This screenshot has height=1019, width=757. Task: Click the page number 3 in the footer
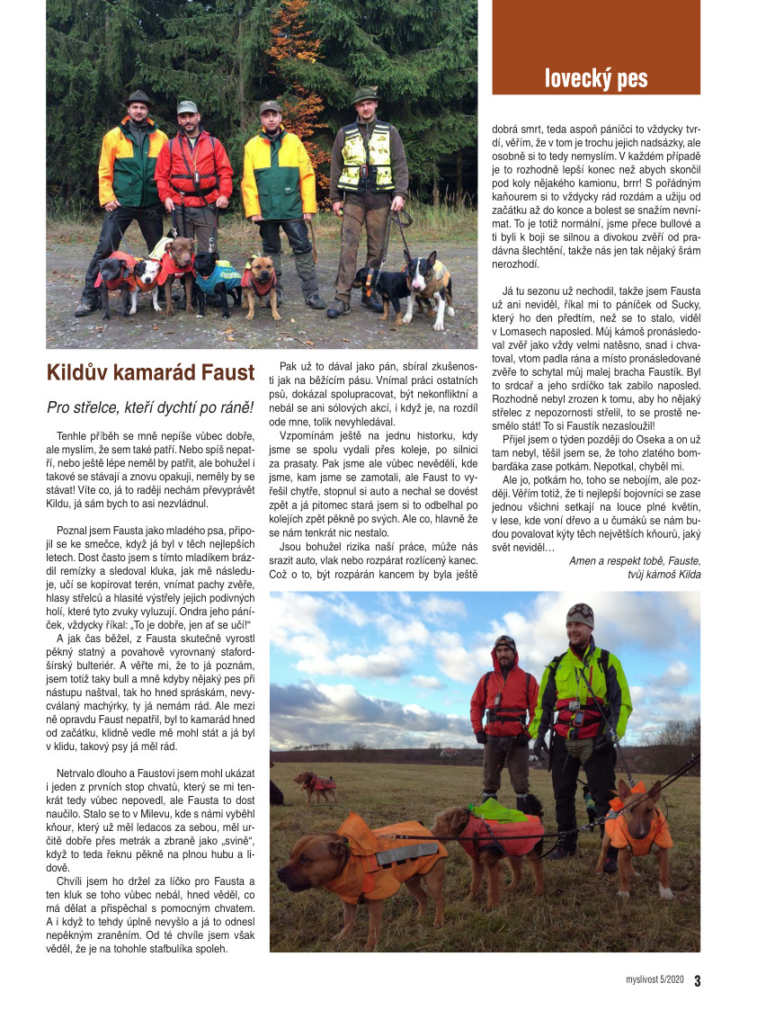[697, 981]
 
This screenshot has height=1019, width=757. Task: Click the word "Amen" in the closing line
[584, 560]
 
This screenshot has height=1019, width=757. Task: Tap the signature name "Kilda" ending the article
[690, 574]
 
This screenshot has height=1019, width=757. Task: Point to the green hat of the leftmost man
[138, 97]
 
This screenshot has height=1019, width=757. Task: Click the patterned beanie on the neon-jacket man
[580, 614]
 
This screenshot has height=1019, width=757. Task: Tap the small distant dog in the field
[316, 785]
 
